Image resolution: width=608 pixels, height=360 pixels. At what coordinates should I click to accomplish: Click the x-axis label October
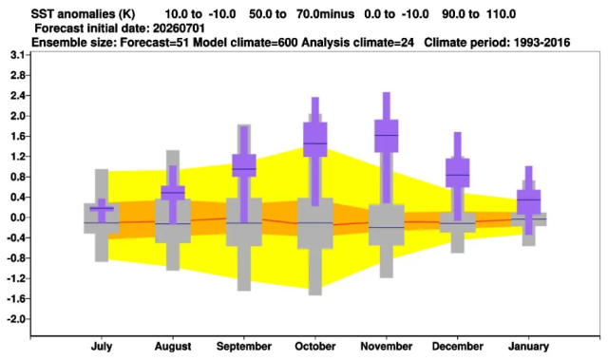(314, 346)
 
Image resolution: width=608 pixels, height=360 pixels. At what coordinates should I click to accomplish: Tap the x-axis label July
(102, 347)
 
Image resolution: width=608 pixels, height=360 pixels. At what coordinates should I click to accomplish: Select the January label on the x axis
(528, 347)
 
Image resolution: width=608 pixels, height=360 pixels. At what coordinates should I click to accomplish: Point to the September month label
(244, 347)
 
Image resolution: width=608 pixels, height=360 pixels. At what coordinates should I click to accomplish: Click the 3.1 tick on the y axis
(17, 55)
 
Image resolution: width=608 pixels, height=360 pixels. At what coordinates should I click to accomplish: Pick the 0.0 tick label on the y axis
(17, 218)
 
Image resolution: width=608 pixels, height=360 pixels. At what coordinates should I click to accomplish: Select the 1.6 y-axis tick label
(17, 136)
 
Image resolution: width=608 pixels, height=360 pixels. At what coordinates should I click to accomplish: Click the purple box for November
(387, 136)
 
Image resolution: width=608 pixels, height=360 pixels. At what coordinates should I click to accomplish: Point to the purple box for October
(314, 140)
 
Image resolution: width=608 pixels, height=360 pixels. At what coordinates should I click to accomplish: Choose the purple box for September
(244, 165)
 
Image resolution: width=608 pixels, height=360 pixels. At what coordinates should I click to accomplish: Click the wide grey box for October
(314, 223)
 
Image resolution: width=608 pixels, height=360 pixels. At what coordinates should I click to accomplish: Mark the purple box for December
(458, 173)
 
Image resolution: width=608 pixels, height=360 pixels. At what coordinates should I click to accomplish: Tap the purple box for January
(528, 202)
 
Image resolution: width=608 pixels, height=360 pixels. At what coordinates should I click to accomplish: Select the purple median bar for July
(102, 208)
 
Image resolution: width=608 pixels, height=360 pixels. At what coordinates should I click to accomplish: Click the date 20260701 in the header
(179, 28)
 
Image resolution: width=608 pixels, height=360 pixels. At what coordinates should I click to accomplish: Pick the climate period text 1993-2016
(541, 42)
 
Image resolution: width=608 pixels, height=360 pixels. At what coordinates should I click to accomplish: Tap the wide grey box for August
(173, 221)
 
